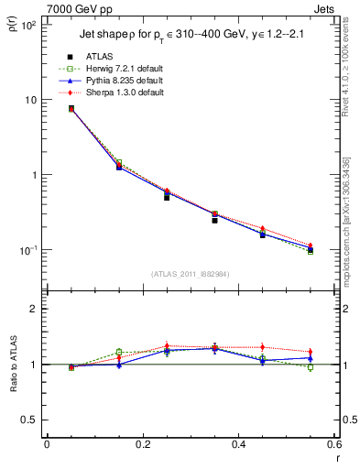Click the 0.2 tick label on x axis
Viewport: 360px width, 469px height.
[142, 444]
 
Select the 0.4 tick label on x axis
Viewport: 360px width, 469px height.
[238, 444]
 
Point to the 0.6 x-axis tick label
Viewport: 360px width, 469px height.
[333, 444]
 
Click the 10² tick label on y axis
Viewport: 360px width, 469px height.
[28, 25]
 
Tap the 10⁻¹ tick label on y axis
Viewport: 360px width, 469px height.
[28, 250]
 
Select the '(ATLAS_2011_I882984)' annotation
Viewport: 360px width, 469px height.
[190, 274]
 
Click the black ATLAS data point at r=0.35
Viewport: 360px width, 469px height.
[214, 220]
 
